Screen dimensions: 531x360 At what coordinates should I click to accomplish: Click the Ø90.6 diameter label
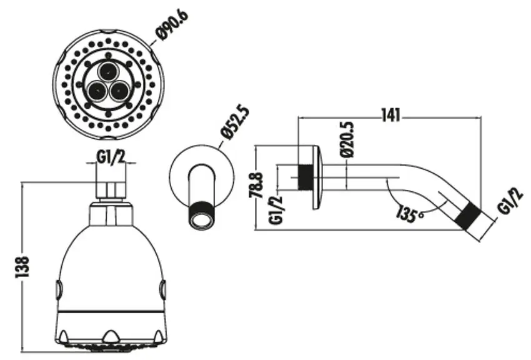(x=172, y=26)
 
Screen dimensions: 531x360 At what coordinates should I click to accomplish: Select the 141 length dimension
(x=391, y=116)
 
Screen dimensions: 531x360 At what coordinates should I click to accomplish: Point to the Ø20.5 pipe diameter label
(x=348, y=139)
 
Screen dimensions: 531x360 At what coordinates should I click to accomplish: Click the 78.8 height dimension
(x=256, y=185)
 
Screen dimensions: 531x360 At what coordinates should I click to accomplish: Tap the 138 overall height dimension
(x=22, y=266)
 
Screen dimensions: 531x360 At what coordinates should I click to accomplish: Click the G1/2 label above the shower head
(x=111, y=157)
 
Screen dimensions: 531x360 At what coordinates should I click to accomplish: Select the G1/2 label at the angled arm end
(x=510, y=202)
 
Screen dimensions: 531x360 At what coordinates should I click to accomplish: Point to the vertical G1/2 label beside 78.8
(x=276, y=210)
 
